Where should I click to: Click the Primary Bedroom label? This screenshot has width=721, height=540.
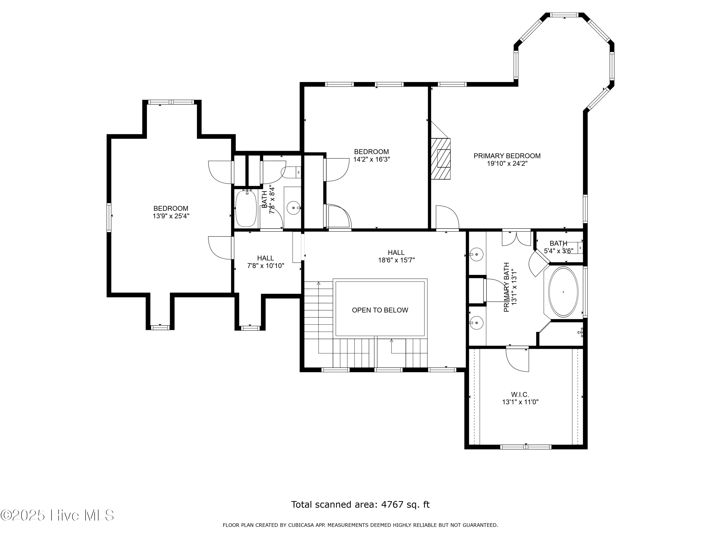pyautogui.click(x=507, y=156)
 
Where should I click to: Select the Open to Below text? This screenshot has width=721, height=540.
pyautogui.click(x=380, y=310)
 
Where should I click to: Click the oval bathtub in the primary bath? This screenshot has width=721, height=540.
pyautogui.click(x=563, y=292)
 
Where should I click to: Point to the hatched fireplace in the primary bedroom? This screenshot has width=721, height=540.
pyautogui.click(x=441, y=159)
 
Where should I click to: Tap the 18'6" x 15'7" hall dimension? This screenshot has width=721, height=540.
pyautogui.click(x=396, y=260)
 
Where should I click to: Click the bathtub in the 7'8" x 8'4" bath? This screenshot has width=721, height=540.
pyautogui.click(x=246, y=208)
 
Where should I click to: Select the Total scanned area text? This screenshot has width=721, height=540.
pyautogui.click(x=360, y=504)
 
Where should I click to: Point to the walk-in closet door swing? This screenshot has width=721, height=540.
pyautogui.click(x=517, y=359)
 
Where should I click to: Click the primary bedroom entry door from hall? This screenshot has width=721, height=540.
pyautogui.click(x=447, y=217)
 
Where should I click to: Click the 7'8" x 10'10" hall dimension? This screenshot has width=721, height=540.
pyautogui.click(x=266, y=266)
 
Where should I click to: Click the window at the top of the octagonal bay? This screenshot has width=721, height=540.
pyautogui.click(x=564, y=15)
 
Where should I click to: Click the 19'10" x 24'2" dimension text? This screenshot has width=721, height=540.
pyautogui.click(x=507, y=164)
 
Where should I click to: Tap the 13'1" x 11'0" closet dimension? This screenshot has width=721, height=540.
pyautogui.click(x=520, y=402)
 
